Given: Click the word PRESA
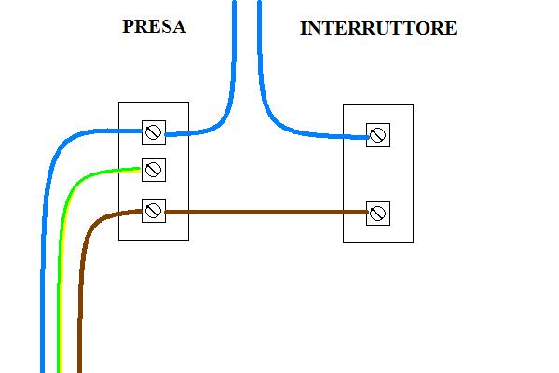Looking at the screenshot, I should point(154,27).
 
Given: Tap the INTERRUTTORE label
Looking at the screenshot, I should point(378,29).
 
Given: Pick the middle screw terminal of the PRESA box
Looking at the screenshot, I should point(154,170).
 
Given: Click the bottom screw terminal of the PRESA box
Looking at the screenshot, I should point(154,210).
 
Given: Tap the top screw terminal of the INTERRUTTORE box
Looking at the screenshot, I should point(377,136).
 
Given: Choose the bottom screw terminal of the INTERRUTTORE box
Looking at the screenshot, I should point(377,213).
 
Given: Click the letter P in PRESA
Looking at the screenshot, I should point(128,27).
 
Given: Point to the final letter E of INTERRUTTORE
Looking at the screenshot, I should point(451,29).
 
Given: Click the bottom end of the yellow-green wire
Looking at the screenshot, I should point(61,368).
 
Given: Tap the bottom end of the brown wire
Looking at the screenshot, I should point(79,368).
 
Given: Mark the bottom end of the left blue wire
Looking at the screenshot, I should point(43,368).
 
